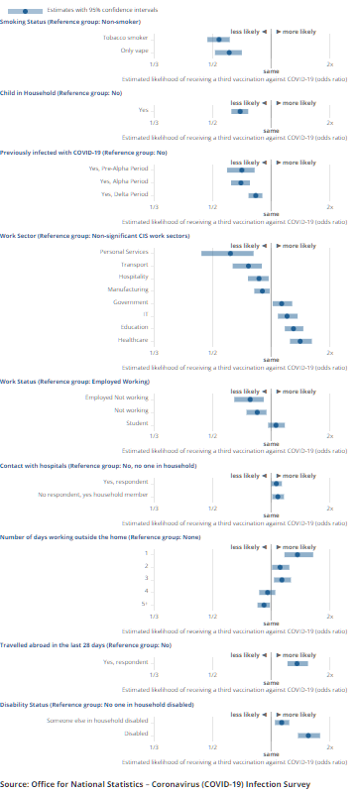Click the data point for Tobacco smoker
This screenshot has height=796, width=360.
(x=219, y=39)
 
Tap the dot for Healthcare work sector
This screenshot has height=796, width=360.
(x=300, y=340)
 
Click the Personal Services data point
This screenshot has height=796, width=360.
(x=230, y=253)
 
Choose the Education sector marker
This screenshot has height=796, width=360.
(x=294, y=327)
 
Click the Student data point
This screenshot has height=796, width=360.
(x=276, y=423)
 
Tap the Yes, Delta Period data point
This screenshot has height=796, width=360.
(x=255, y=195)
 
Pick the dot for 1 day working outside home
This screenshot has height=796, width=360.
(x=298, y=553)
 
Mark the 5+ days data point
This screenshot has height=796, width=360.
(x=263, y=604)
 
